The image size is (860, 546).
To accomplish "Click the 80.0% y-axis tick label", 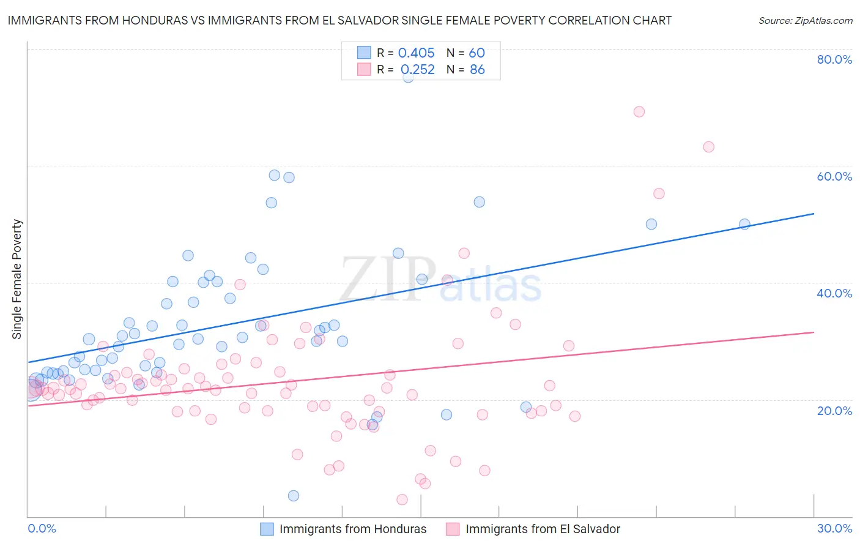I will (x=834, y=59).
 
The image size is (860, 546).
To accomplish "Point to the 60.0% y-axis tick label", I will (x=834, y=176).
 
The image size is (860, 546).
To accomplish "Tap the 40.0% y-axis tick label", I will (x=834, y=293).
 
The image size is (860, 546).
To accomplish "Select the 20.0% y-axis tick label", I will (x=834, y=411).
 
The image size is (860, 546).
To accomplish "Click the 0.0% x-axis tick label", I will (x=42, y=528).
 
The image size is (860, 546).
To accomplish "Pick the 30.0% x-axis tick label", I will (x=834, y=528).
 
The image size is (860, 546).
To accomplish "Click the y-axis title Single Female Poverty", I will (x=17, y=279).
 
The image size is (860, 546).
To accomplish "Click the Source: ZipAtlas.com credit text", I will (x=805, y=20).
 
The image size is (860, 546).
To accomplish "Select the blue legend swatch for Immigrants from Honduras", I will (x=267, y=529).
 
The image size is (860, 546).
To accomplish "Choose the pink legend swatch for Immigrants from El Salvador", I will (x=453, y=529).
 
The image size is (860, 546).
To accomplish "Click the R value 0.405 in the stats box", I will (x=416, y=53).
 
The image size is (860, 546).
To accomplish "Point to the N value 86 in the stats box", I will (x=477, y=70).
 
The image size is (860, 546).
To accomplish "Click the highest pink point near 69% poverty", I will (x=639, y=111).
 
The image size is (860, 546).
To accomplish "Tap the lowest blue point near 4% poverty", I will (x=294, y=496).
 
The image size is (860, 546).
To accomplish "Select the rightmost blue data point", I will (x=744, y=224).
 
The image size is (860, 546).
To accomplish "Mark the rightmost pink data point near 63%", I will (x=708, y=147).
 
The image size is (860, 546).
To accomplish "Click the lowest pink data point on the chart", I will (x=402, y=499).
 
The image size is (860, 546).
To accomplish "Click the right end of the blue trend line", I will (x=814, y=214).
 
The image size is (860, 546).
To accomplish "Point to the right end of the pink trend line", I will (x=814, y=332).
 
